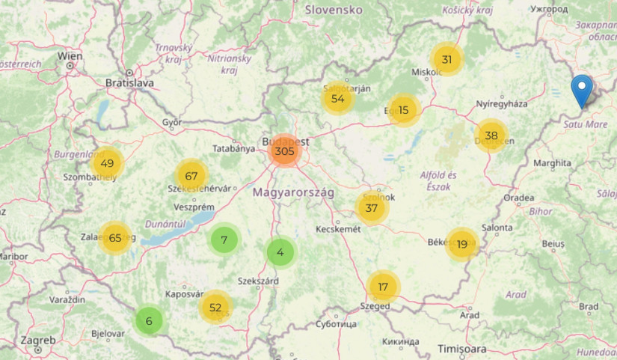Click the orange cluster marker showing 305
(283, 151)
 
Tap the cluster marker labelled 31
(446, 60)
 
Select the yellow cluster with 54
(338, 98)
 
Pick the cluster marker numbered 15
(404, 110)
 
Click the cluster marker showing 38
(491, 135)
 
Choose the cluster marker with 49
(107, 163)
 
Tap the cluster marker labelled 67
(191, 176)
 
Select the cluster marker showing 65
(114, 238)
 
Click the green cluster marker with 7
(224, 240)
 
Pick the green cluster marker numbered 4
(280, 252)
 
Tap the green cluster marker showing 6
(149, 321)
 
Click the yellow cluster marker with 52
(216, 307)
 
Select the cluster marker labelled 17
(384, 287)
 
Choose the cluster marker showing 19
(462, 244)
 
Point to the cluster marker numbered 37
(372, 208)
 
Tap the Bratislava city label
(129, 82)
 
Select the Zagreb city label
(38, 341)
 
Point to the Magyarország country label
(292, 192)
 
